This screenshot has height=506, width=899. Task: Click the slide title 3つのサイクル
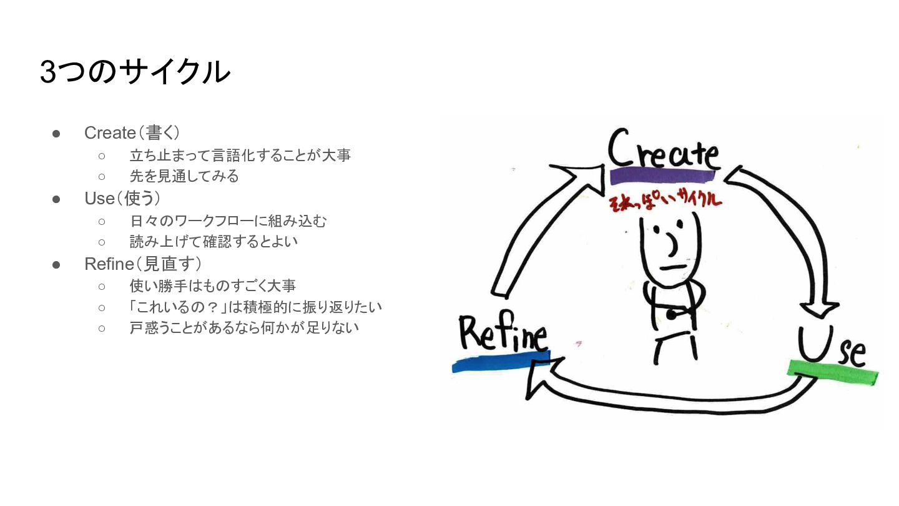135,72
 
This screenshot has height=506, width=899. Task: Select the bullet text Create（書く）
132,132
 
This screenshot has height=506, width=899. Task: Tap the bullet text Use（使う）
122,199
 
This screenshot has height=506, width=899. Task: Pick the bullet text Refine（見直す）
143,264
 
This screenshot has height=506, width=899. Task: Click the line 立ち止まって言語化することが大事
240,155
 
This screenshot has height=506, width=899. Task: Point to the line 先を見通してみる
184,176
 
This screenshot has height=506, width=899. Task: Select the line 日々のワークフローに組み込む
228,221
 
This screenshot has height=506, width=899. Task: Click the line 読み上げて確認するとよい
214,241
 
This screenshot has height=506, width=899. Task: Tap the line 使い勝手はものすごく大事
212,286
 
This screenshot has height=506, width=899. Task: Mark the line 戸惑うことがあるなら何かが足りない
244,327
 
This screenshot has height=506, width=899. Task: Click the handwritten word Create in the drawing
663,151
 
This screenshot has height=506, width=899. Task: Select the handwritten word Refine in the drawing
503,334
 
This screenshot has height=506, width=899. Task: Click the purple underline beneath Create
661,176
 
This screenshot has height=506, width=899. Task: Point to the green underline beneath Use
833,372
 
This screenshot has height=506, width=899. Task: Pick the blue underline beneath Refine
499,362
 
